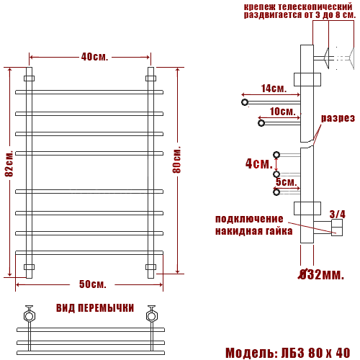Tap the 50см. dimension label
pos(93,283)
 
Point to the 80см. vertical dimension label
pos(177,159)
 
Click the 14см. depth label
pos(274,89)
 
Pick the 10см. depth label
pos(282,112)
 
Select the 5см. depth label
pos(286,182)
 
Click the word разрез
pos(338,118)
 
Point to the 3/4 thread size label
pos(337,214)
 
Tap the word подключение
pos(249,219)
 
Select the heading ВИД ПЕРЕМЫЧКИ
pos(94,308)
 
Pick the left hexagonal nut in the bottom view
pos(30,315)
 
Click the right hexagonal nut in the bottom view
pos(151,315)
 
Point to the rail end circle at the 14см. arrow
pos(246,103)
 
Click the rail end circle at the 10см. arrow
pos(261,124)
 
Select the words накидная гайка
pos(253,231)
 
